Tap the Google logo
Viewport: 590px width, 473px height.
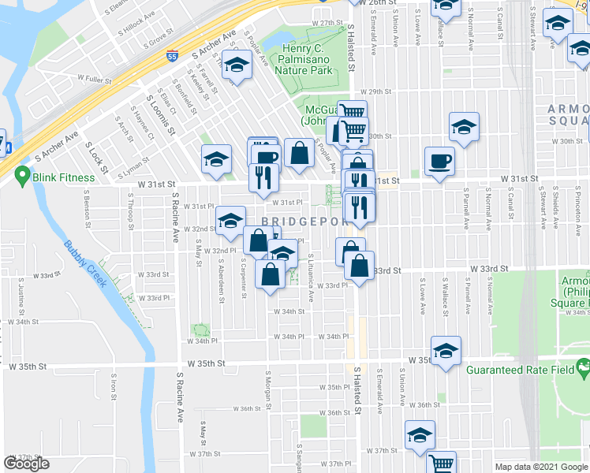(x=26, y=464)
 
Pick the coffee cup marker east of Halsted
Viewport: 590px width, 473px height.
(x=439, y=161)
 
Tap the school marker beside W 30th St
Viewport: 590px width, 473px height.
(x=464, y=126)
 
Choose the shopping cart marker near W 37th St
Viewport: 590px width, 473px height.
(x=442, y=463)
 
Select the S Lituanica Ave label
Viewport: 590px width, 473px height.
(x=311, y=277)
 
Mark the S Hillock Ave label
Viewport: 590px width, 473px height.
(x=139, y=18)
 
